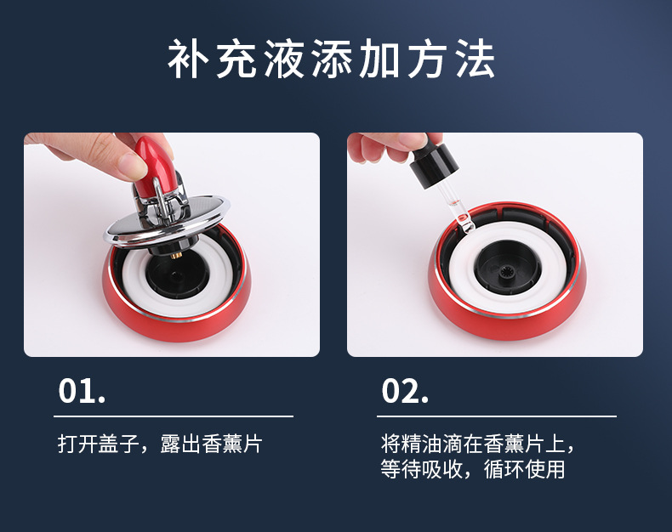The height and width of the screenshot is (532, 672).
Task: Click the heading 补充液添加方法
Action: pyautogui.click(x=331, y=59)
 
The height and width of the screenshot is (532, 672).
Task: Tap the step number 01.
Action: pyautogui.click(x=82, y=391)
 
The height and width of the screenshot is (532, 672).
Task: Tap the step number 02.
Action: pyautogui.click(x=405, y=391)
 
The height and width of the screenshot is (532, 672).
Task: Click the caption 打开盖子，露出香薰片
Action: pyautogui.click(x=160, y=444)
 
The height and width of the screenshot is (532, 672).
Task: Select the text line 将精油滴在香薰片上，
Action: pyautogui.click(x=477, y=444)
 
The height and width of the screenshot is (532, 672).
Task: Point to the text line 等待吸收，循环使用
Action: pyautogui.click(x=473, y=469)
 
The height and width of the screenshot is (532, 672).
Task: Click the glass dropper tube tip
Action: pyautogui.click(x=465, y=224)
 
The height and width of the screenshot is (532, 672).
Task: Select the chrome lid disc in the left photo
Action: pyautogui.click(x=167, y=223)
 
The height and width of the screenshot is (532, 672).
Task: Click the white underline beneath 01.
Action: pyautogui.click(x=174, y=416)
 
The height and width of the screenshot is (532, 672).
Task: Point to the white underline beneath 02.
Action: pyautogui.click(x=497, y=416)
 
